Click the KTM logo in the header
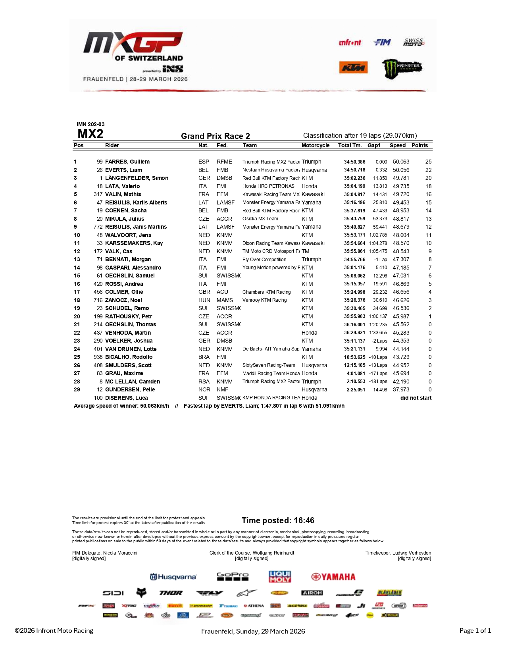point(353,67)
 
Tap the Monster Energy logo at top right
point(402,68)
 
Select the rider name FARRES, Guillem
point(127,162)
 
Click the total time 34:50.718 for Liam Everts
point(354,170)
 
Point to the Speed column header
point(397,145)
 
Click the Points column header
point(419,145)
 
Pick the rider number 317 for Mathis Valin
point(98,194)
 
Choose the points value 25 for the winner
point(428,162)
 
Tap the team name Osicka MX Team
point(260,219)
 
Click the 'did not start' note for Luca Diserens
point(416,398)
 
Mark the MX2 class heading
point(90,134)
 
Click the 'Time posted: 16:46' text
point(278,520)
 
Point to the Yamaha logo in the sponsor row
point(333,577)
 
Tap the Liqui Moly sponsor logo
point(280,576)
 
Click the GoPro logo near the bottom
point(233,576)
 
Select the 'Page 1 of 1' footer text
point(475,630)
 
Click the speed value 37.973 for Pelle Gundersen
point(401,389)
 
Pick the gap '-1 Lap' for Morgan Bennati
point(380,259)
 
